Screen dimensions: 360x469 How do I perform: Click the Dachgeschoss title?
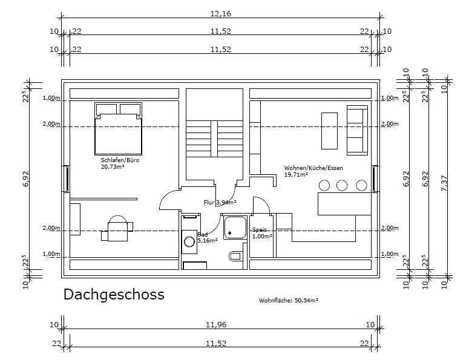(114, 295)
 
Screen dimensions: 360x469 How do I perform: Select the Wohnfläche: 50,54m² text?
(289, 299)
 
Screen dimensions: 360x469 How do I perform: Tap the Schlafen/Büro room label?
(116, 161)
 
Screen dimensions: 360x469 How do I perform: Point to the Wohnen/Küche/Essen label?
(308, 168)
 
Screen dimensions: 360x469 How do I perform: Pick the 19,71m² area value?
(296, 174)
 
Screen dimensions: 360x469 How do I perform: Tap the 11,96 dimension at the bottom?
(220, 325)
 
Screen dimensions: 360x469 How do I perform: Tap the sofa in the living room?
(356, 129)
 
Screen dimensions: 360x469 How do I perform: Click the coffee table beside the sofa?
(329, 130)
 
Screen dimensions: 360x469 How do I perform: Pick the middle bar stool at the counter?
(342, 185)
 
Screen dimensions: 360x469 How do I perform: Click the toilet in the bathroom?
(235, 256)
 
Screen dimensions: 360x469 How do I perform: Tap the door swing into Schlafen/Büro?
(168, 200)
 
